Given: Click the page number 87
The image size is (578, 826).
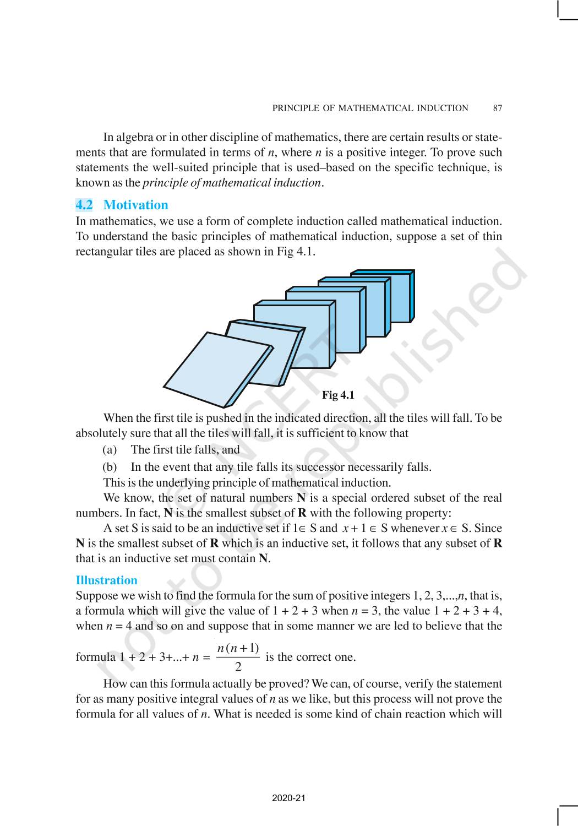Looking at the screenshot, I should (497, 108).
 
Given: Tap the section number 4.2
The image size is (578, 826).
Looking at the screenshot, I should (84, 205).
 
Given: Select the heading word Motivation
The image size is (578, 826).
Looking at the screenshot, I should (135, 205).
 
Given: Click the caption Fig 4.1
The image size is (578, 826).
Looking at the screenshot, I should (338, 395).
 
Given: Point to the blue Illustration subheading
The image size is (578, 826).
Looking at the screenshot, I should (106, 580).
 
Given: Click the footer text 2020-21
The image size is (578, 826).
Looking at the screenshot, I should (288, 798).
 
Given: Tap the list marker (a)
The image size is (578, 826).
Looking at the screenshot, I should (110, 450).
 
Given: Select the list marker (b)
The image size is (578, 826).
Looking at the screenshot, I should (110, 467).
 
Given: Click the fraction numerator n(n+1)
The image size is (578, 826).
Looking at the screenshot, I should (238, 648).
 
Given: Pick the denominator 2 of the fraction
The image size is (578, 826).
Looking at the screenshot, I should (238, 667).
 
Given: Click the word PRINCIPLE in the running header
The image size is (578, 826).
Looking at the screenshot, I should (296, 108).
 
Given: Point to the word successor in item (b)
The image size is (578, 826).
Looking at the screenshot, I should (320, 467).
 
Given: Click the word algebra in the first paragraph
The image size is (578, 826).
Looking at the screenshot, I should (134, 138).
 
